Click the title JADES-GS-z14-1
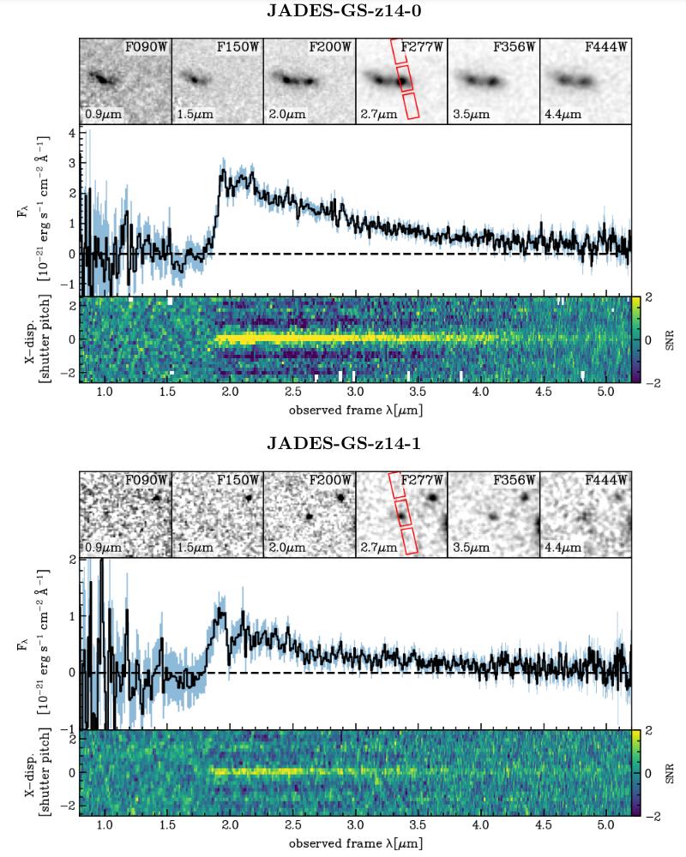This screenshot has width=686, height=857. coord(343,444)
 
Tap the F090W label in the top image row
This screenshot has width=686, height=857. coord(147,48)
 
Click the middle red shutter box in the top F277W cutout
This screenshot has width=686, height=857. coord(405,78)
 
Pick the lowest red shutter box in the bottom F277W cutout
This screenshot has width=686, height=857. coord(409,541)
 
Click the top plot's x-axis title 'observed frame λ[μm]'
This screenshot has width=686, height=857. coord(355,410)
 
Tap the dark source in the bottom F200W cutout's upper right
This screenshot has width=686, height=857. coord(340,495)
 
